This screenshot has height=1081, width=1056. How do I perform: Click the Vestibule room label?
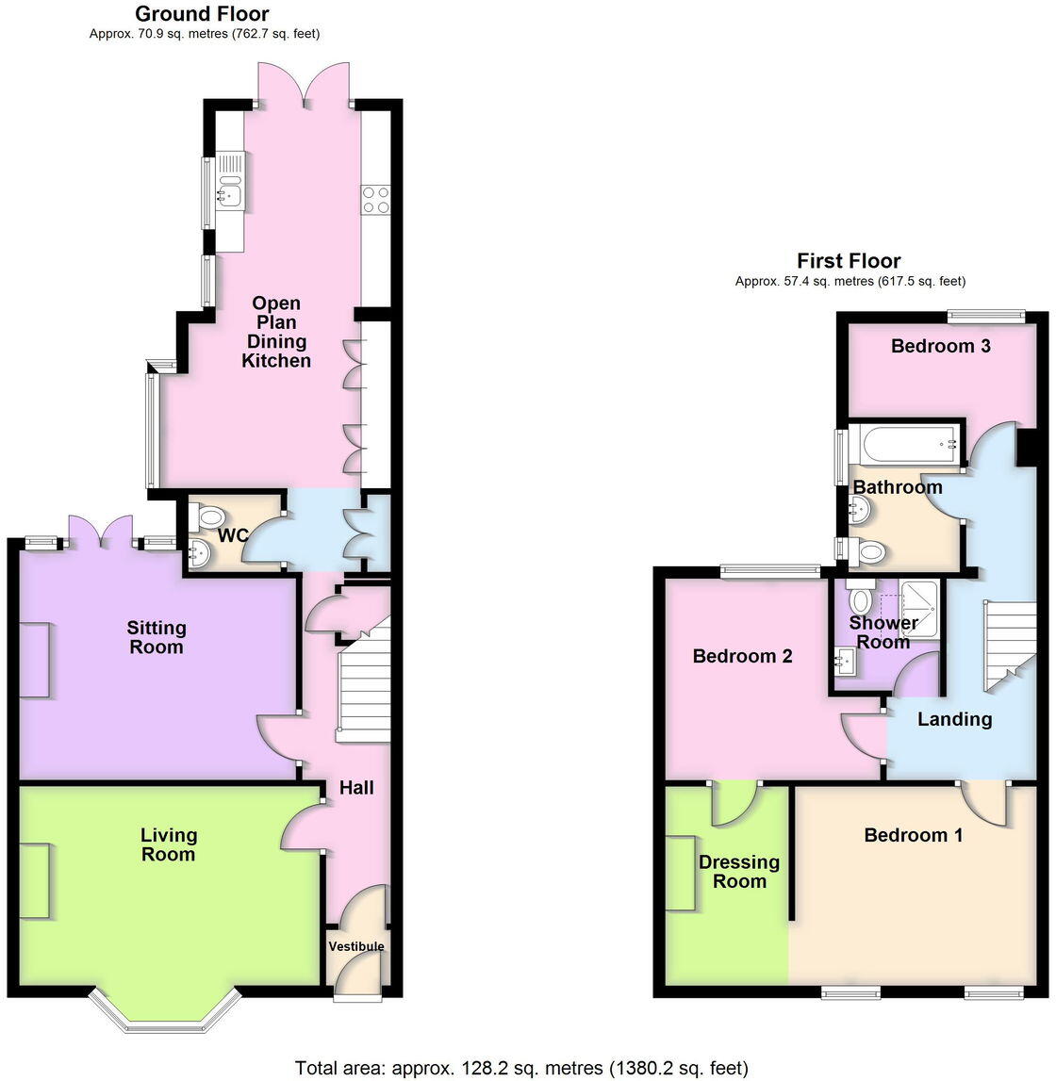[356, 946]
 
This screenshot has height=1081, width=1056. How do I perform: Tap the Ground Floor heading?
[202, 14]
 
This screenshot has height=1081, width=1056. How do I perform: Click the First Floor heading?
[849, 261]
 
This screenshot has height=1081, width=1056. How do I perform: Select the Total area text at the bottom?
[521, 1068]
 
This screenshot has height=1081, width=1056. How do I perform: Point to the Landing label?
[954, 719]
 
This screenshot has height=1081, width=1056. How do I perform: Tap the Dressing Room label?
[739, 872]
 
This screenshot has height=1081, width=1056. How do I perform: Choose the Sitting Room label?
[157, 637]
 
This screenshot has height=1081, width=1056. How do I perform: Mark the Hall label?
[356, 788]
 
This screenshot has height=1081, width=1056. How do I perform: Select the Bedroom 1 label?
[913, 835]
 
